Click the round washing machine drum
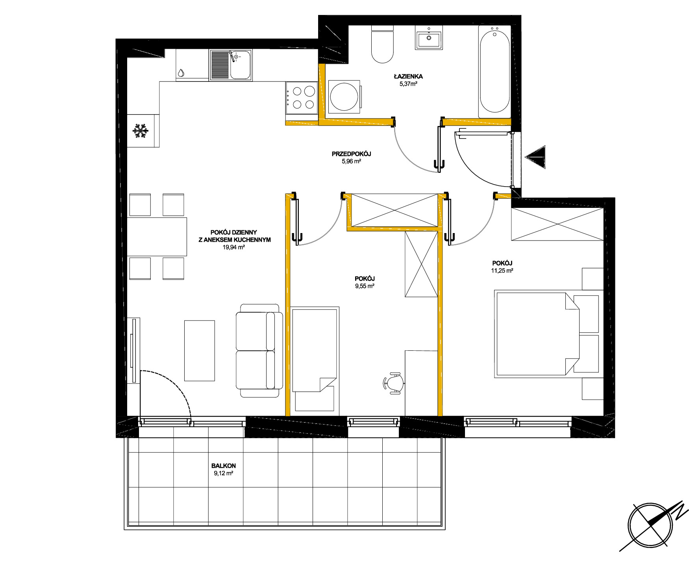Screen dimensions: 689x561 point(344,97)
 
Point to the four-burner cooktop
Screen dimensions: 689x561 point(302,98)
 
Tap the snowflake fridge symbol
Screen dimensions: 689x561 point(140,131)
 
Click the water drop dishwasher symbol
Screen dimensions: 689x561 point(181,73)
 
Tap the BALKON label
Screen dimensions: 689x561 point(224,466)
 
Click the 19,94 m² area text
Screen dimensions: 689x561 point(234,247)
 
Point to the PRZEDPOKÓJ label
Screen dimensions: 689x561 point(352,154)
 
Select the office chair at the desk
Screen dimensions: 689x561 point(393,383)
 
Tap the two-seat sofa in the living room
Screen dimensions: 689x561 point(259,350)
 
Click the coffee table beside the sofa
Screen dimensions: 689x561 point(200,350)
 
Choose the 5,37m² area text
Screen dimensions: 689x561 point(408,84)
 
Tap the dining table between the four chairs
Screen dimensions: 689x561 point(157,237)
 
